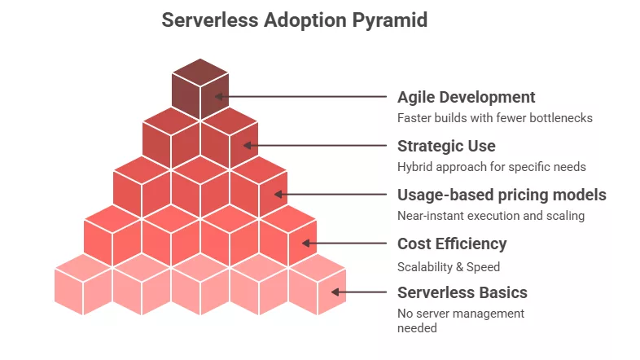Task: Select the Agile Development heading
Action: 466,97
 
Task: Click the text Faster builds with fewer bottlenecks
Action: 494,118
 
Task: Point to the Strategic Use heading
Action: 445,146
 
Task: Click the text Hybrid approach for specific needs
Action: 491,167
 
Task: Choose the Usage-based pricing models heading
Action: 502,195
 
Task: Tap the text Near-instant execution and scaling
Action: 490,216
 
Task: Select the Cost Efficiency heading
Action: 451,244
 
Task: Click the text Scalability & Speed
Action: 448,266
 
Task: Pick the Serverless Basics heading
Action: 462,292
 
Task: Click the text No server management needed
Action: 460,320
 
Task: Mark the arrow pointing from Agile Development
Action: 301,97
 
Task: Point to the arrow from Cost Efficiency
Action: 345,244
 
